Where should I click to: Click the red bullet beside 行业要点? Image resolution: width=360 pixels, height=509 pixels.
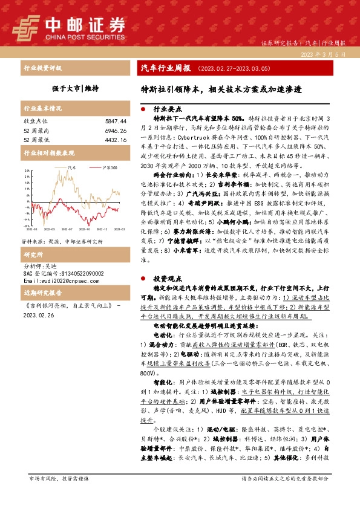[143, 110]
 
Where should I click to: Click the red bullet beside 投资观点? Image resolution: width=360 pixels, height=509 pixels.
[143, 279]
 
